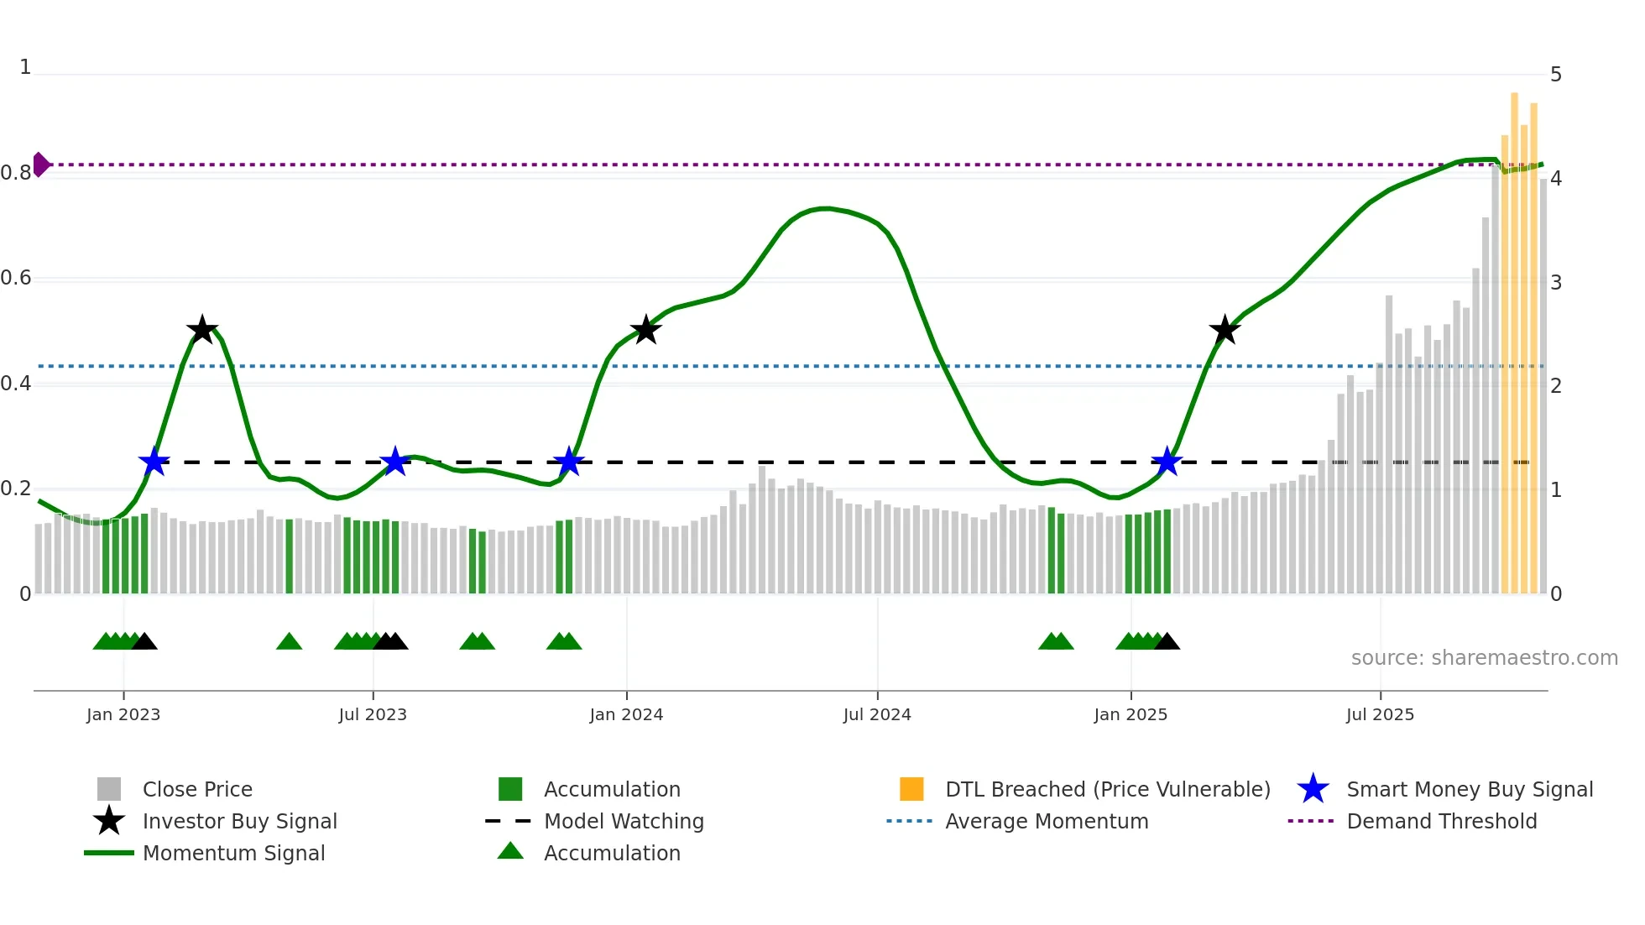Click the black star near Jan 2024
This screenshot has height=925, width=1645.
click(x=645, y=330)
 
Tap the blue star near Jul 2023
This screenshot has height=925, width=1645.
click(x=394, y=462)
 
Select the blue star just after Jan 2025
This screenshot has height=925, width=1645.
click(x=1167, y=462)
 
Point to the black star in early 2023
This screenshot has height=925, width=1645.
click(x=201, y=330)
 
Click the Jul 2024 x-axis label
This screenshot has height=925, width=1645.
click(x=877, y=714)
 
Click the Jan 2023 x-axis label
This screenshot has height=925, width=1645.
click(x=123, y=714)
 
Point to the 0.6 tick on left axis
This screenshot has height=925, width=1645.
click(x=17, y=278)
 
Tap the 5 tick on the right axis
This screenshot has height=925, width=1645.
click(x=1556, y=75)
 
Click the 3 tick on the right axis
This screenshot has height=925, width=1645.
click(x=1556, y=282)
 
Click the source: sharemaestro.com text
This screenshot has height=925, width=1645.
click(x=1484, y=658)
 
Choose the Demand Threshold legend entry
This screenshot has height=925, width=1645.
click(x=1441, y=821)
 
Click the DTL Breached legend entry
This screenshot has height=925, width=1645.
click(x=1107, y=789)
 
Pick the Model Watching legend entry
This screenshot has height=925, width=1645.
click(x=624, y=821)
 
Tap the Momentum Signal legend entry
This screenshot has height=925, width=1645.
click(x=233, y=853)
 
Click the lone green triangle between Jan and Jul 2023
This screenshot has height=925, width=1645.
click(x=289, y=642)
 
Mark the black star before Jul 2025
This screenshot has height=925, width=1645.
click(x=1225, y=330)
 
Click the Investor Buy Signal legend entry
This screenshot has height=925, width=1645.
click(x=239, y=821)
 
